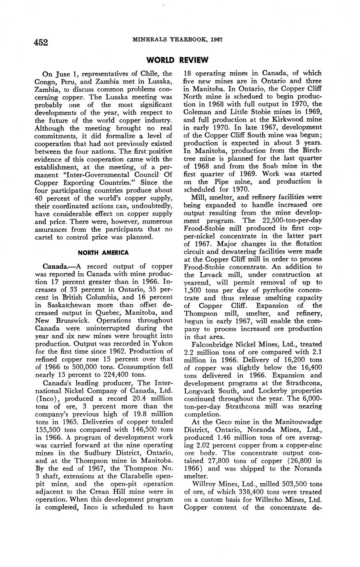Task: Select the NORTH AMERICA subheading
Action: [x=103, y=252]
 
